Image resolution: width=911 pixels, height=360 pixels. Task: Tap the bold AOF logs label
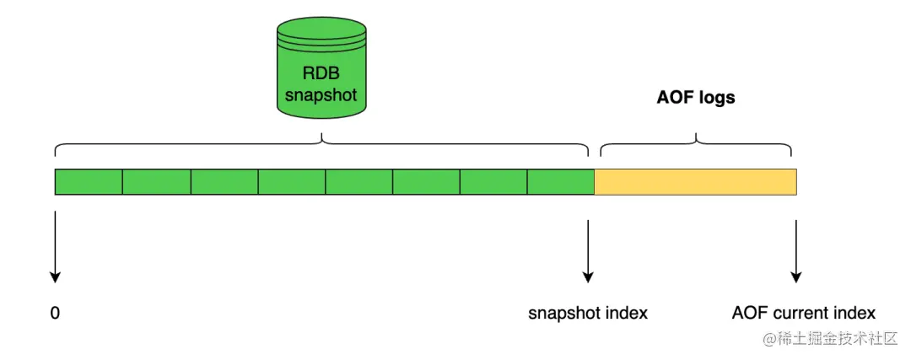point(696,98)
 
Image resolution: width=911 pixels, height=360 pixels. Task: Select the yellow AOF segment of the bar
point(695,181)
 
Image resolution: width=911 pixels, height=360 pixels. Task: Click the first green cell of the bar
point(89,181)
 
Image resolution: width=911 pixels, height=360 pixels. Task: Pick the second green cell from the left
point(156,181)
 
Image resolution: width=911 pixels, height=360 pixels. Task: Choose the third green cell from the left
point(224,181)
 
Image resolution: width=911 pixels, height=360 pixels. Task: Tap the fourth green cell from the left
point(291,181)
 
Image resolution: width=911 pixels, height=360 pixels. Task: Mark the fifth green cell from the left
point(358,181)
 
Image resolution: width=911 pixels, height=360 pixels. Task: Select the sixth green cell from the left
point(426,181)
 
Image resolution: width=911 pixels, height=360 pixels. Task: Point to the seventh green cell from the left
point(493,181)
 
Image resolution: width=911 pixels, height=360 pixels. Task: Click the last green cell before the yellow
point(561,181)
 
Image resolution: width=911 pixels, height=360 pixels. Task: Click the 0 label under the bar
point(56,314)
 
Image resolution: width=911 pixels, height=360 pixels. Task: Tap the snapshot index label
point(588,314)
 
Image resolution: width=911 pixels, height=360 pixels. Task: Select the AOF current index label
point(804,314)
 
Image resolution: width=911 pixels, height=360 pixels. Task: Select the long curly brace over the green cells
point(321,144)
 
